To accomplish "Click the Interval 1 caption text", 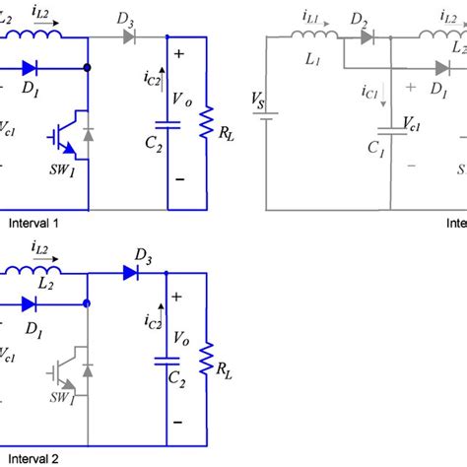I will [x=30, y=224].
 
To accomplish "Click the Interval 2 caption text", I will [x=30, y=457].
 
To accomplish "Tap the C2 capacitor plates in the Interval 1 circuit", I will [x=166, y=125].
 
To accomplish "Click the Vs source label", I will [x=258, y=102].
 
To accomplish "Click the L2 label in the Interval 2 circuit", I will [x=43, y=283].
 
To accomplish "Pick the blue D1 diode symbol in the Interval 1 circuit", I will [x=30, y=68].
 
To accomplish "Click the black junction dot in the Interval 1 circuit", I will [x=89, y=68].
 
